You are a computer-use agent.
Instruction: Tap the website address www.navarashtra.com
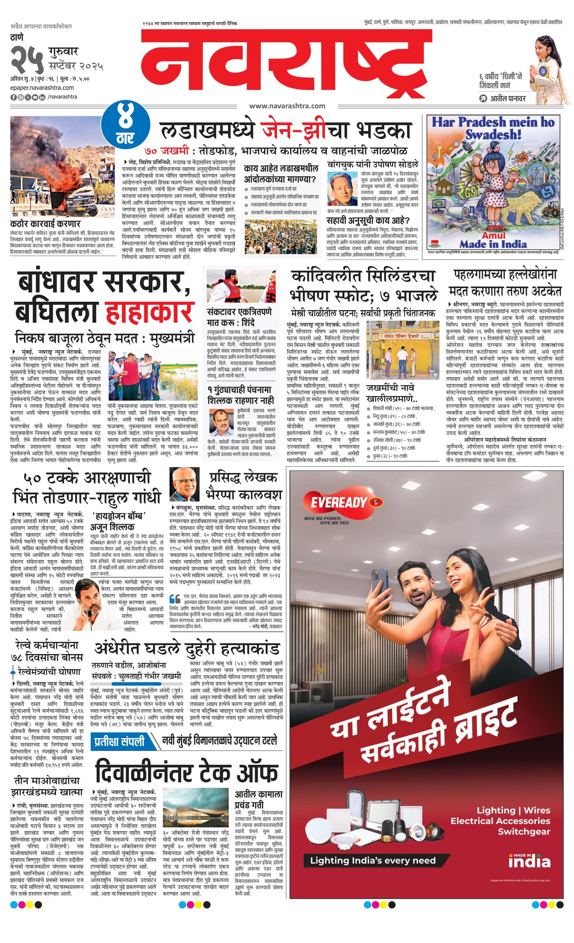point(287,106)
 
